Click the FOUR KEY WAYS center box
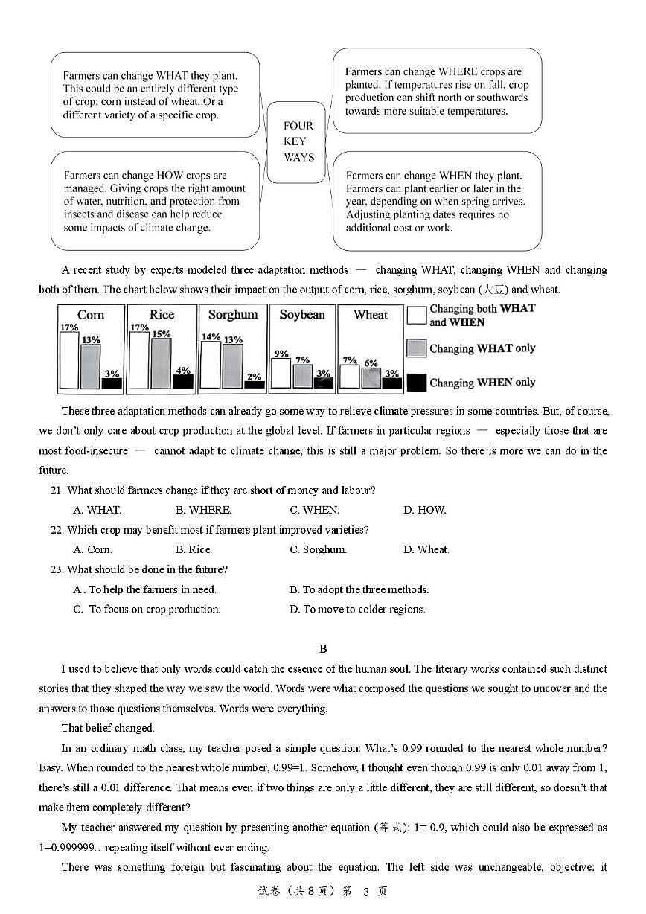pyautogui.click(x=298, y=141)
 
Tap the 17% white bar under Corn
pyautogui.click(x=68, y=360)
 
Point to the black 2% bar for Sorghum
pyautogui.click(x=254, y=384)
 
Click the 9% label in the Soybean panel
pyautogui.click(x=281, y=354)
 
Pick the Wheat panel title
pyautogui.click(x=371, y=315)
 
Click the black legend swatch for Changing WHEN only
pyautogui.click(x=417, y=383)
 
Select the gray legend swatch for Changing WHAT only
pyautogui.click(x=417, y=348)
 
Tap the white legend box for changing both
pyautogui.click(x=417, y=315)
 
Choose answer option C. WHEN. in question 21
pyautogui.click(x=314, y=510)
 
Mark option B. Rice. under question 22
pyautogui.click(x=194, y=549)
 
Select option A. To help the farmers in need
pyautogui.click(x=145, y=589)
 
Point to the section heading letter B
pyautogui.click(x=323, y=649)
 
